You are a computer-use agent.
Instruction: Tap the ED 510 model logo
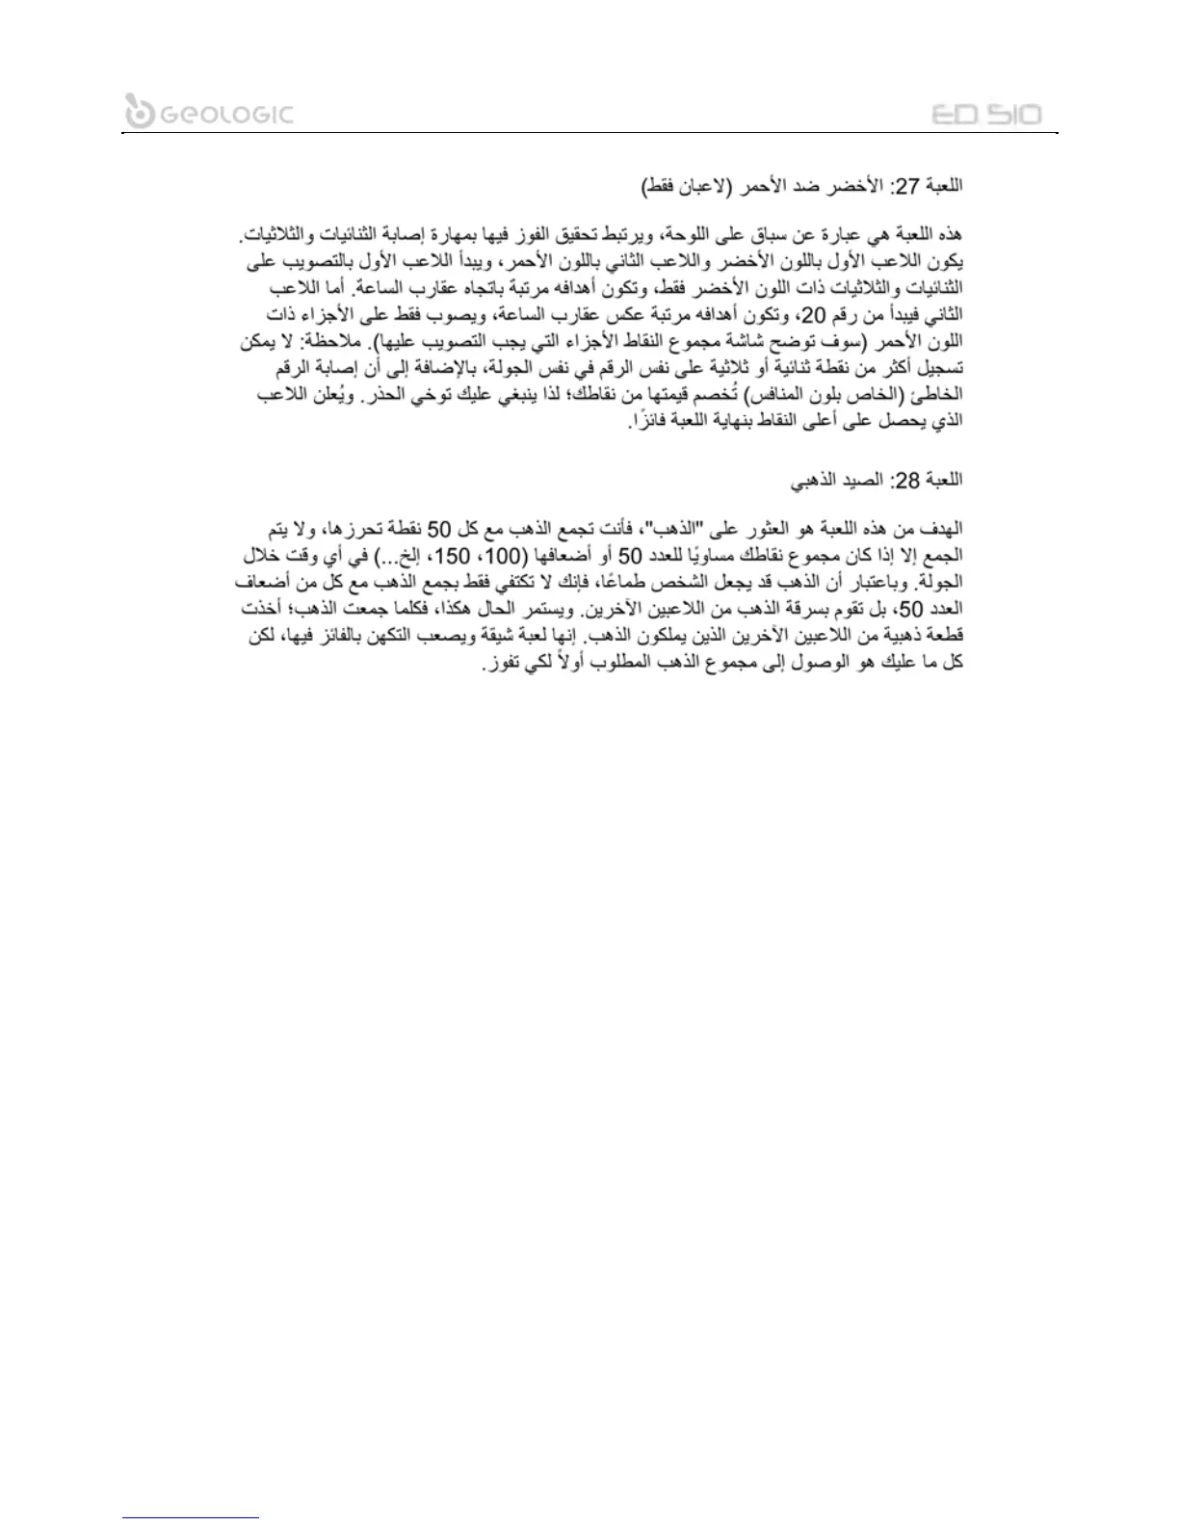point(986,115)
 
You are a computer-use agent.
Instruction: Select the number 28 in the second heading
point(908,480)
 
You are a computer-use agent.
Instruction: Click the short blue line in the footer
point(191,1517)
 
